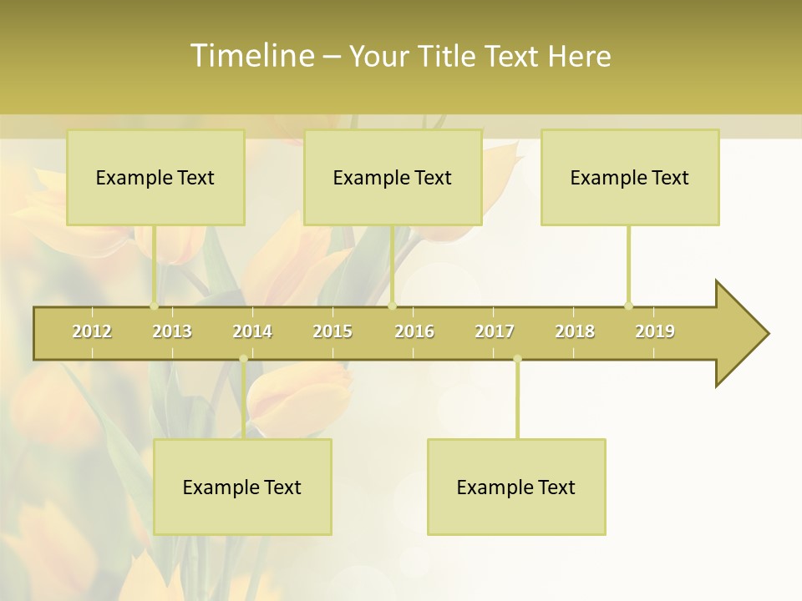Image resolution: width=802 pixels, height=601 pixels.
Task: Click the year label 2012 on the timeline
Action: point(92,331)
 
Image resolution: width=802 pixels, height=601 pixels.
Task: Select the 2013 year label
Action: point(172,331)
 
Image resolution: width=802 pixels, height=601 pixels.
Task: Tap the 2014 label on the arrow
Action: point(252,331)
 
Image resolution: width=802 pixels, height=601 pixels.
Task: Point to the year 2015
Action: point(332,331)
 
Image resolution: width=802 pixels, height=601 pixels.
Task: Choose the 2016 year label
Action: point(414,331)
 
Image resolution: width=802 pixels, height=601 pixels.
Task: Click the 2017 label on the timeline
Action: point(495,331)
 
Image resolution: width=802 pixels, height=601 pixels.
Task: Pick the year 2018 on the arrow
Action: point(575,331)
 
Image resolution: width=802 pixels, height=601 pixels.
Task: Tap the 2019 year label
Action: point(655,331)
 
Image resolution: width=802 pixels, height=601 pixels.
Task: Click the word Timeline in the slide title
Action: point(251,56)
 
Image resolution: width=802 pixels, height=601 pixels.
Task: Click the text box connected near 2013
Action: point(155,177)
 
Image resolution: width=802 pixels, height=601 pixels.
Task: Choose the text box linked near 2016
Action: point(393,177)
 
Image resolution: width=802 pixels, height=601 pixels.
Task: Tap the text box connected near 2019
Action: point(630,177)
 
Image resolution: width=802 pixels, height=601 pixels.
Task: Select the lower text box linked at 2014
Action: point(242,487)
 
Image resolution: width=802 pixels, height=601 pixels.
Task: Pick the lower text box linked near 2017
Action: point(516,487)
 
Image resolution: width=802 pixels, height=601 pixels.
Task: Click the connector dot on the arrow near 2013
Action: point(154,306)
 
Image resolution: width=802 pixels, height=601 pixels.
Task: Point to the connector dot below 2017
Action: point(517,359)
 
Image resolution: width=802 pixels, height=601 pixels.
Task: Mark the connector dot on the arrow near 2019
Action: point(628,306)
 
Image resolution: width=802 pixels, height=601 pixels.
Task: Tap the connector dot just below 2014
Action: point(243,359)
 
